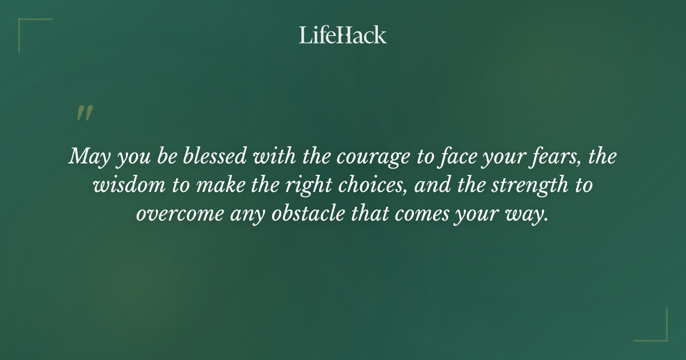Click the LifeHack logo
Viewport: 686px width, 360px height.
342,35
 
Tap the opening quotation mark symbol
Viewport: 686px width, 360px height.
84,113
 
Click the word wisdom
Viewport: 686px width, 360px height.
127,185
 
